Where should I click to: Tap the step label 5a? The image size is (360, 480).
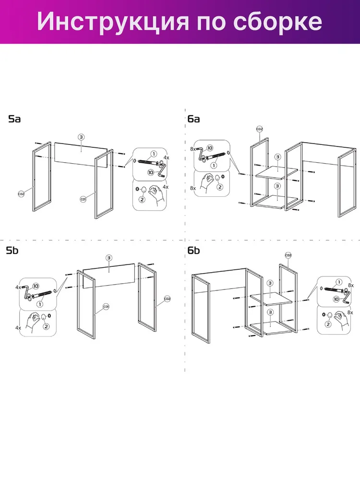coord(14,119)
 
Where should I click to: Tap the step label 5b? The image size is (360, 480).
coord(12,251)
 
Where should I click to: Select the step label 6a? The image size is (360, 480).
coord(193,119)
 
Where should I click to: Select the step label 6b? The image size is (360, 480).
coord(193,251)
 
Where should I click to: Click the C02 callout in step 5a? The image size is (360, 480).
coord(21,194)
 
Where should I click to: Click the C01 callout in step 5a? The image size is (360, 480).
coord(83,199)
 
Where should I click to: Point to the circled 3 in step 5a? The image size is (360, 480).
coord(81,137)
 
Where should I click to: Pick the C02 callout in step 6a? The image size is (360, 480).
coord(259,129)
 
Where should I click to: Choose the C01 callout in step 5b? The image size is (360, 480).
coord(106,306)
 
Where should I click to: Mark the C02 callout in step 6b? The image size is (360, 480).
coord(288,255)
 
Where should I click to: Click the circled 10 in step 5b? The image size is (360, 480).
coord(36,286)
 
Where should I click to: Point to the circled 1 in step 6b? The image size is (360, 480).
coord(339,282)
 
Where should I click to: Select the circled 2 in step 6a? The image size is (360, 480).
coord(219,187)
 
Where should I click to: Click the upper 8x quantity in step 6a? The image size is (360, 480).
coord(193,149)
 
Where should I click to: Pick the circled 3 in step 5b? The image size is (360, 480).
coord(109,258)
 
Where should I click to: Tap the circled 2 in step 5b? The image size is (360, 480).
coord(46,326)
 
